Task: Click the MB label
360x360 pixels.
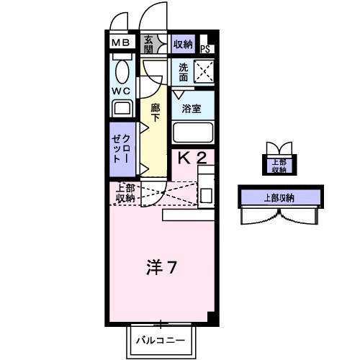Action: pyautogui.click(x=120, y=43)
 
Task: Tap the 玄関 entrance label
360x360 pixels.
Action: pyautogui.click(x=148, y=43)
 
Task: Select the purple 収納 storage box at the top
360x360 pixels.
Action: pyautogui.click(x=183, y=44)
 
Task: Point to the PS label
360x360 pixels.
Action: pyautogui.click(x=205, y=49)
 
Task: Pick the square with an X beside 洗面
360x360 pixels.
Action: pyautogui.click(x=204, y=71)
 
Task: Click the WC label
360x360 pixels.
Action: pyautogui.click(x=120, y=91)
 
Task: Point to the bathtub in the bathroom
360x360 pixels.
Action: pyautogui.click(x=194, y=133)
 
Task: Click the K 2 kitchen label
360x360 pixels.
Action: pyautogui.click(x=192, y=158)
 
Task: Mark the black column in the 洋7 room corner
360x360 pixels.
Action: pyautogui.click(x=210, y=316)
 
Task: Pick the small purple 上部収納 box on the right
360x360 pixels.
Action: pyautogui.click(x=277, y=165)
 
